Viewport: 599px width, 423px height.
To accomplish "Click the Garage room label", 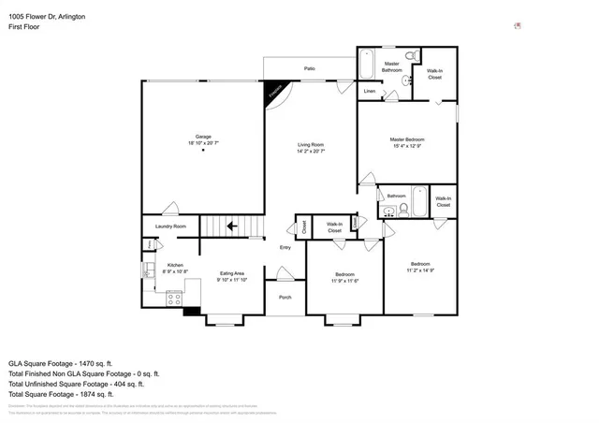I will point(202,137).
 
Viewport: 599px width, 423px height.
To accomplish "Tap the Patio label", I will point(308,69).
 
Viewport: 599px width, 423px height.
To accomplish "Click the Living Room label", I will point(311,144).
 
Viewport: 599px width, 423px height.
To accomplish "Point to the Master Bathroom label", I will point(391,67).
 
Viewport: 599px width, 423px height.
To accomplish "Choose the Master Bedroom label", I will point(407,139).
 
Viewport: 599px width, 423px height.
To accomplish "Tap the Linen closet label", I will point(369,92).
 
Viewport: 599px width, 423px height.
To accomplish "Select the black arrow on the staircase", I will point(228,226).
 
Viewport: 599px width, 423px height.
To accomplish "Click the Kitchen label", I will point(175,265).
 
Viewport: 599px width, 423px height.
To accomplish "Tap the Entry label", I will point(285,247).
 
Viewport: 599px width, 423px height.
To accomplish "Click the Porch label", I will point(285,298).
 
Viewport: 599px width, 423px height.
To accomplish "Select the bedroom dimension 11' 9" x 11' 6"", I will point(344,281).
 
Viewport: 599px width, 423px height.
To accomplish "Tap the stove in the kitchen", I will point(173,299).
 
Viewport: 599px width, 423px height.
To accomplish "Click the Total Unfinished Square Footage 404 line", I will point(76,384).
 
